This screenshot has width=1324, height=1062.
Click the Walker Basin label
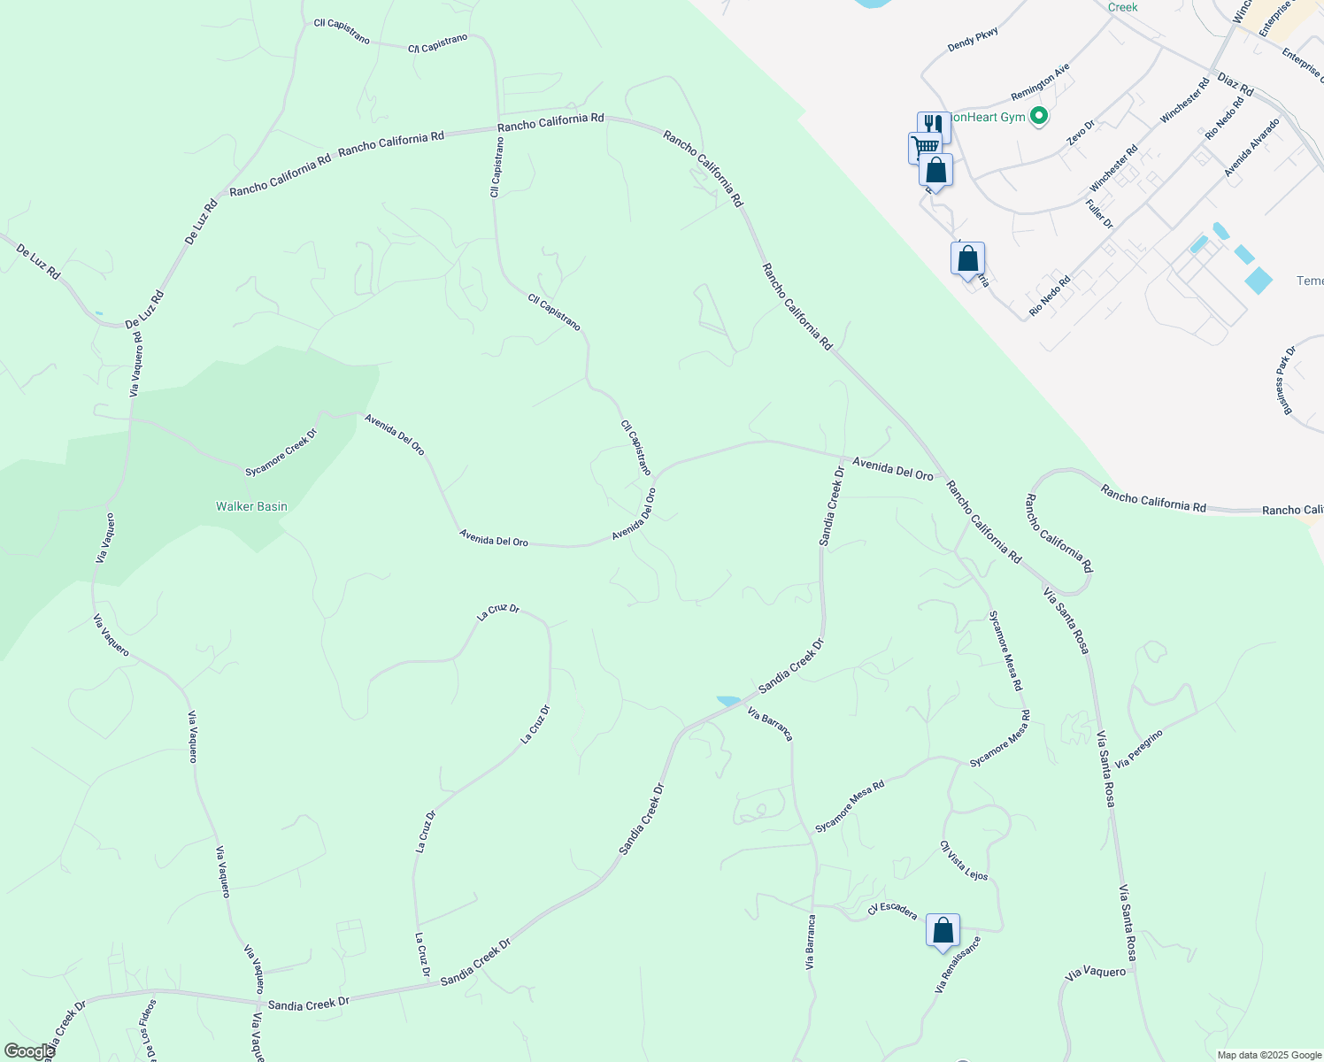point(251,506)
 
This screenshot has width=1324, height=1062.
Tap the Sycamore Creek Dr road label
point(281,453)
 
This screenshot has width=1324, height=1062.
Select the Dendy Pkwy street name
point(973,39)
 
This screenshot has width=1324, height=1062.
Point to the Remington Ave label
point(1040,81)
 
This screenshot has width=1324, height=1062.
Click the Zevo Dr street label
point(1081,132)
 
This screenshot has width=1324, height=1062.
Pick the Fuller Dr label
point(1099,214)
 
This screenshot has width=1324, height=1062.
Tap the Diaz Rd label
point(1235,84)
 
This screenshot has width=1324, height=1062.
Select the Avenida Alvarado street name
point(1252,148)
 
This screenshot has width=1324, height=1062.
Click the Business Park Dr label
point(1286,381)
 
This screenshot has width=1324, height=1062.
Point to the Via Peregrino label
point(1139,749)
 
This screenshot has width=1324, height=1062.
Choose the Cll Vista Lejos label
point(964,860)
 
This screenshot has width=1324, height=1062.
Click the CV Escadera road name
point(892,911)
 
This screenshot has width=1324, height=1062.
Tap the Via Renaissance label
point(958,965)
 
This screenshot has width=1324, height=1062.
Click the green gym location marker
point(1040,116)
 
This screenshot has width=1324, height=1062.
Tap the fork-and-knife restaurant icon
point(933,126)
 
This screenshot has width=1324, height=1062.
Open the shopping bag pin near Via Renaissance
point(943,932)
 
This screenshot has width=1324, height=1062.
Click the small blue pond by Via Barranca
point(728,701)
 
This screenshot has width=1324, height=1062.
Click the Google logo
point(29,1051)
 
